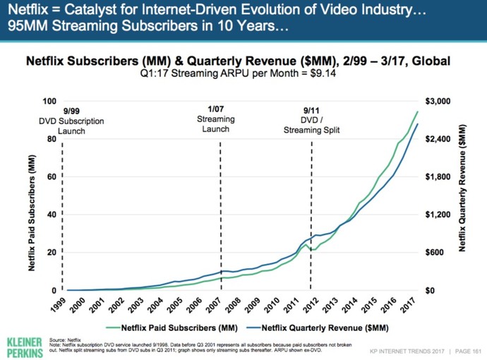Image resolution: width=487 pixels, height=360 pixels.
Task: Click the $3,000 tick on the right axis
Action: point(438,101)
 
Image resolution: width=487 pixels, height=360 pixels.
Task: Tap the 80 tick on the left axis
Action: point(52,139)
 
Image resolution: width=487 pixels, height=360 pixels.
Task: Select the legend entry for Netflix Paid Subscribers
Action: point(172,328)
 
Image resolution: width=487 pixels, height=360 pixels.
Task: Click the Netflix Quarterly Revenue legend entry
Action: point(318,328)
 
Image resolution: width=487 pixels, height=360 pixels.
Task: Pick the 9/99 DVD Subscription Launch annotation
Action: point(71,121)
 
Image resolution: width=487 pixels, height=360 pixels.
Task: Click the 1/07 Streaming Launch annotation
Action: point(216,119)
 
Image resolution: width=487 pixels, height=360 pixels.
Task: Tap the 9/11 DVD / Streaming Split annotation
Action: point(311,120)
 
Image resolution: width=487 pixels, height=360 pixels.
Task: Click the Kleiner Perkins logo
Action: point(25,347)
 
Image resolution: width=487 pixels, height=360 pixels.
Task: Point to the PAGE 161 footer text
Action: point(468,352)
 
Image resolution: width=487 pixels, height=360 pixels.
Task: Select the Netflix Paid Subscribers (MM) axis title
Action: point(31,212)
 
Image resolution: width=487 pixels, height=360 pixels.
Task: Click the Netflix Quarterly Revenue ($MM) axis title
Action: point(462,188)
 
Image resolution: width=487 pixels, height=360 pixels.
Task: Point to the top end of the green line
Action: point(417,112)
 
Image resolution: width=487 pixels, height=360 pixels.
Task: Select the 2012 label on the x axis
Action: point(311,305)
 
